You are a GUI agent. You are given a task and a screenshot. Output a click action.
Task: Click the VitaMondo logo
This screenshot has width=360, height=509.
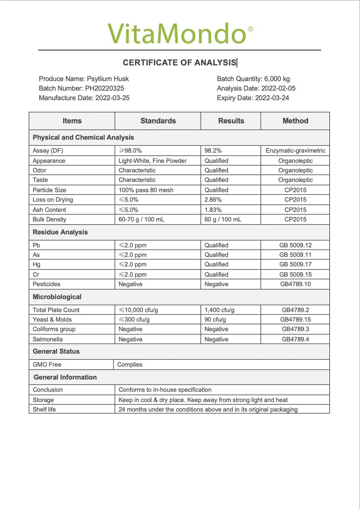[180, 33]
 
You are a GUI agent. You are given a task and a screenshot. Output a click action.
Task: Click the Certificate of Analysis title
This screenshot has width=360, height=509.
[179, 63]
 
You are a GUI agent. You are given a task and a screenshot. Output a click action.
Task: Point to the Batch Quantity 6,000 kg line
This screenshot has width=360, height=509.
[253, 79]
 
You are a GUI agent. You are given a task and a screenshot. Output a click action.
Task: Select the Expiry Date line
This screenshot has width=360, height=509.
[253, 98]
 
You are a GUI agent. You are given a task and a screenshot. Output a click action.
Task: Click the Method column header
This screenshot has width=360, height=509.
[295, 121]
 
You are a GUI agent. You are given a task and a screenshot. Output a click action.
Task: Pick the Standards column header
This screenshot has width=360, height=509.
[158, 121]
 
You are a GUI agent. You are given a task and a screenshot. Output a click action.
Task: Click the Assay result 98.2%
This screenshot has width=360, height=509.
[213, 151]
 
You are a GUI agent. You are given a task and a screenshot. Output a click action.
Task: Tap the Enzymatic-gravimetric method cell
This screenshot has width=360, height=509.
[295, 151]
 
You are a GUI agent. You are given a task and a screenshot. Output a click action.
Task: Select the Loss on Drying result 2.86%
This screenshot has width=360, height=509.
[213, 200]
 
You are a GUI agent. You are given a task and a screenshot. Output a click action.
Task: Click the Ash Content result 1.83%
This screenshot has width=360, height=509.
[213, 210]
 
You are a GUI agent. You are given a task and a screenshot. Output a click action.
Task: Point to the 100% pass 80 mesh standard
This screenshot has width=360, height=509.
[146, 190]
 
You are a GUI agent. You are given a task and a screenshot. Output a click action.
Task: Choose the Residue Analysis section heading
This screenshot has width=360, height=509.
[60, 232]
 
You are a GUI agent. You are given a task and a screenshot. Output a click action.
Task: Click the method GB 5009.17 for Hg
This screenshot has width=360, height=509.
[295, 264]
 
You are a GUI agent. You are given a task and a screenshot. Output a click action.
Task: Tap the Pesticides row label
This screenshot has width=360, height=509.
[46, 284]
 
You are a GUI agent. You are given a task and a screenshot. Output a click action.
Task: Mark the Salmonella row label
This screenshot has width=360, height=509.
[48, 339]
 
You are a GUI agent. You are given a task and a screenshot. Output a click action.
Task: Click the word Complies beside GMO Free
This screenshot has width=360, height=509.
[130, 365]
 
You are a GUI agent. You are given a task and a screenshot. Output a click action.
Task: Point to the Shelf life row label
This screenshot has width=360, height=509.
[44, 410]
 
